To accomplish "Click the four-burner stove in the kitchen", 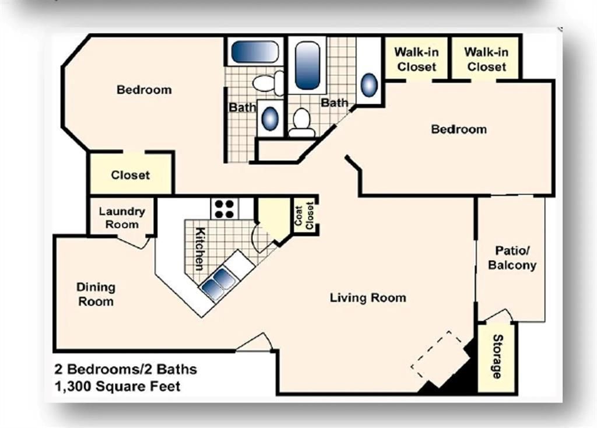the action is [x=224, y=208].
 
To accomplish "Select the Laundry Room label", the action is [x=122, y=218].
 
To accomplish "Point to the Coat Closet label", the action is [x=304, y=216].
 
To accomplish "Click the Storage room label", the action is [x=498, y=356].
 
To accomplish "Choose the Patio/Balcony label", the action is [x=512, y=258].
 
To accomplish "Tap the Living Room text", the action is [x=368, y=297].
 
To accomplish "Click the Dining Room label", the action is [x=96, y=294].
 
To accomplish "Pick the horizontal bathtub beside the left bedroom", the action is [x=255, y=51].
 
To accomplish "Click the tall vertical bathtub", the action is [x=307, y=65].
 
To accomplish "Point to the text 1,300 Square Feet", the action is [x=118, y=387].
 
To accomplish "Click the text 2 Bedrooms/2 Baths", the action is [x=126, y=369].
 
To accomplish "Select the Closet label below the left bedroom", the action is [x=130, y=175].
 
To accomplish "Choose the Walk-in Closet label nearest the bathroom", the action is [x=416, y=59].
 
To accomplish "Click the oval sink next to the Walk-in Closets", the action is [x=369, y=85].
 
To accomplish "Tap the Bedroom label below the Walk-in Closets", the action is [x=459, y=129].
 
